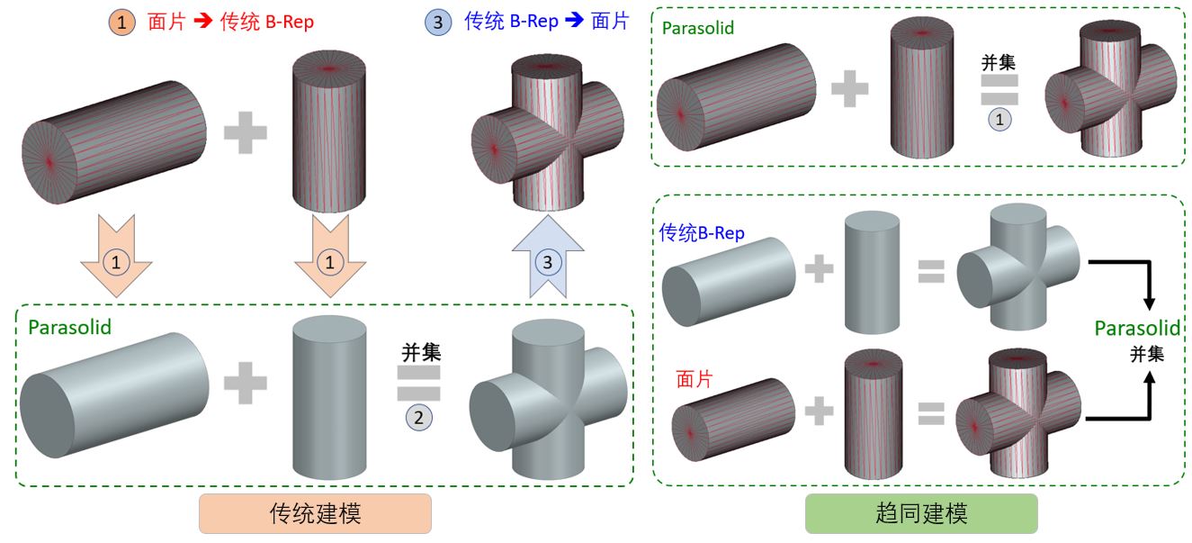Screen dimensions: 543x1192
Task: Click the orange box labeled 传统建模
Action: click(315, 513)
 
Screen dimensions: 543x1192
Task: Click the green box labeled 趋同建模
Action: click(920, 513)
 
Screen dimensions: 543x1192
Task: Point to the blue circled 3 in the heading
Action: click(438, 22)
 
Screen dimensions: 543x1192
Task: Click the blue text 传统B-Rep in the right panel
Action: click(702, 233)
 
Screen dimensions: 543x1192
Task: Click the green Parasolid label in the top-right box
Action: click(697, 28)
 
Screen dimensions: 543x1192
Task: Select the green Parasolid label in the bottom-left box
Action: click(70, 327)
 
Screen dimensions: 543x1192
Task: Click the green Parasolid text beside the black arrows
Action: click(1137, 329)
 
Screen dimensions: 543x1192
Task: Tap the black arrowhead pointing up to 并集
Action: click(1148, 382)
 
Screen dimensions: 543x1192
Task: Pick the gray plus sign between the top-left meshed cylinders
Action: click(246, 135)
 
